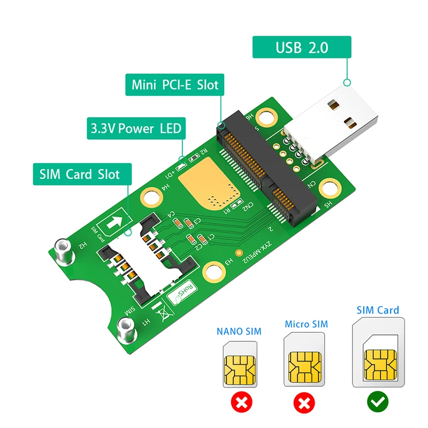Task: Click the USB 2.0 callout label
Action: click(x=302, y=48)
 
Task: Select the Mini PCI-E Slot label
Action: click(x=175, y=85)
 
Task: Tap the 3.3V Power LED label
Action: click(x=136, y=128)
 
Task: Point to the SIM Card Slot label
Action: click(x=80, y=174)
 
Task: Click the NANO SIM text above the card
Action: click(x=239, y=331)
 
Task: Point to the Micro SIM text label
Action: click(x=306, y=324)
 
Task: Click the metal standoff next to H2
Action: click(x=63, y=251)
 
